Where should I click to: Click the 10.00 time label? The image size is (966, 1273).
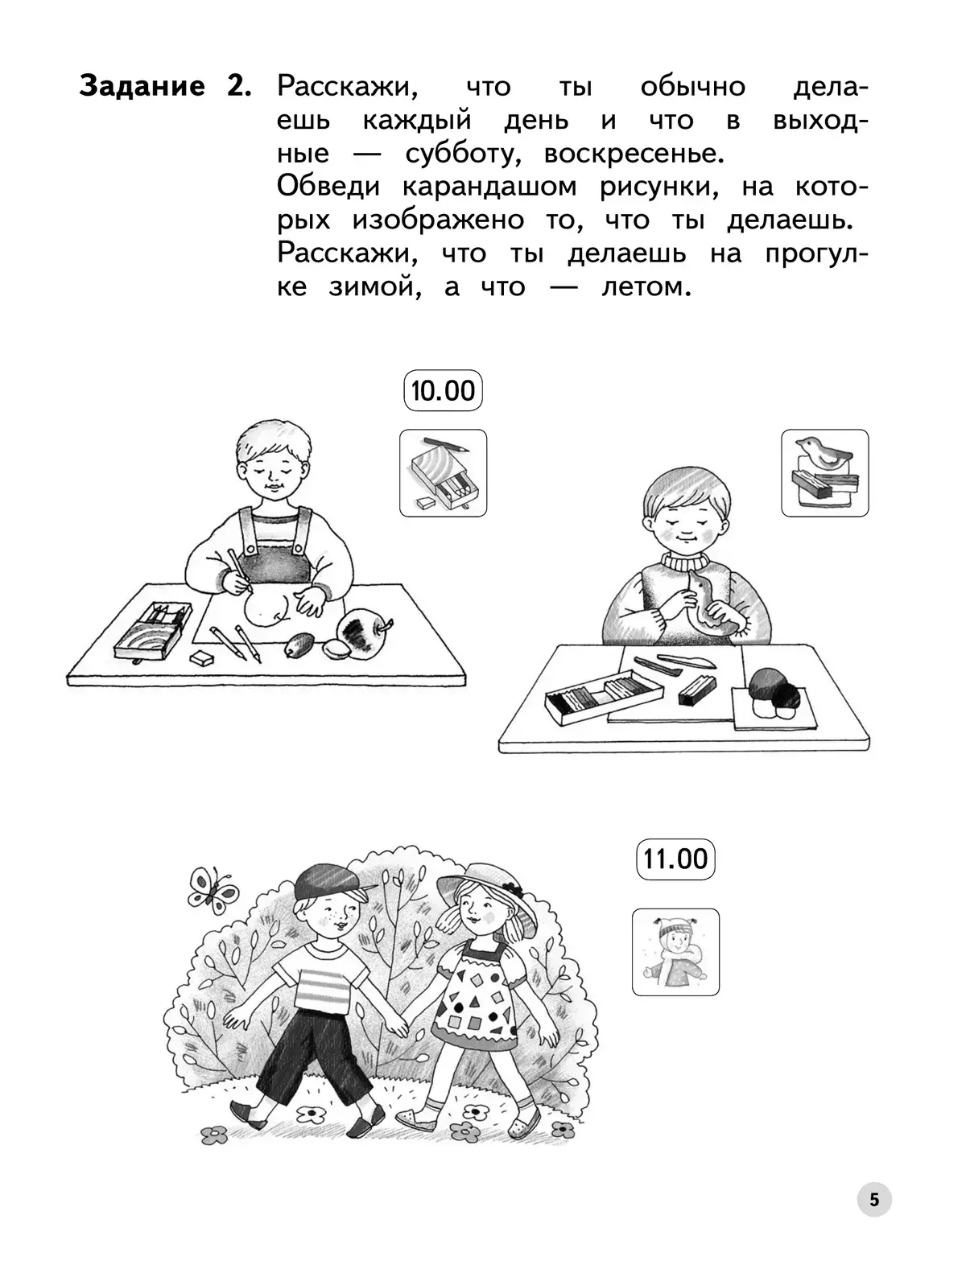(x=443, y=390)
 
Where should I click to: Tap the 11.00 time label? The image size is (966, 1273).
(x=675, y=859)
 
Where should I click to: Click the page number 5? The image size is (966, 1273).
(x=873, y=1199)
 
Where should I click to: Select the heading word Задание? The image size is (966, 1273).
(x=142, y=86)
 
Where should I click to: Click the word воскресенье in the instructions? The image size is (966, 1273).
(x=634, y=154)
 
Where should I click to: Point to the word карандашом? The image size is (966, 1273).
(x=489, y=187)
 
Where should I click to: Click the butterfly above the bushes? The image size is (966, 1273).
(x=212, y=892)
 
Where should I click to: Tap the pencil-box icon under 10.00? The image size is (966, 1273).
(x=443, y=472)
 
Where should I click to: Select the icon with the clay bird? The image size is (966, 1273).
(x=824, y=472)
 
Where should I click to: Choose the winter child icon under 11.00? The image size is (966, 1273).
(x=675, y=952)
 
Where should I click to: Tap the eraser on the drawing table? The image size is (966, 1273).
(x=201, y=657)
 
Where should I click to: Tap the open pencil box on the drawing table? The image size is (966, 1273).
(x=152, y=631)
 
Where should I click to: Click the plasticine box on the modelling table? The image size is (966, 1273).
(x=604, y=697)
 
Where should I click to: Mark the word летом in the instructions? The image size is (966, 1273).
(x=646, y=287)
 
